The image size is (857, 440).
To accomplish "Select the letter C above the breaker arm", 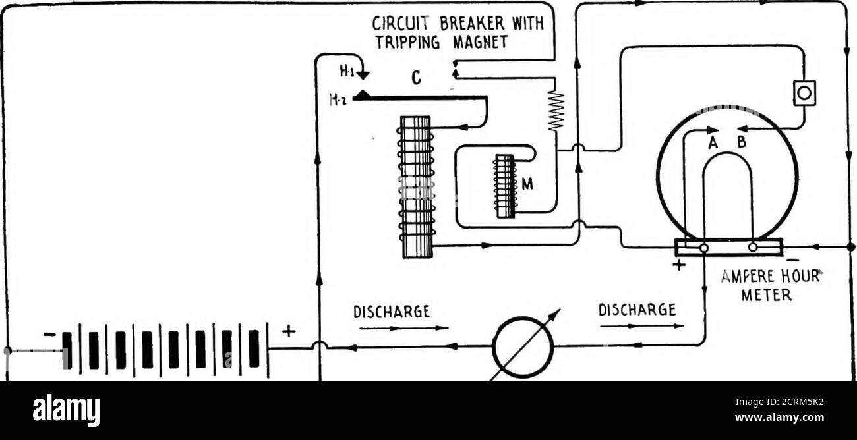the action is [x=416, y=78].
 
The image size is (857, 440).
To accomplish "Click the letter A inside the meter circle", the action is [x=713, y=142].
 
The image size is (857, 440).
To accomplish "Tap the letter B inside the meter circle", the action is [x=741, y=142].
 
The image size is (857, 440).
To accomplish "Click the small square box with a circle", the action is [x=804, y=93].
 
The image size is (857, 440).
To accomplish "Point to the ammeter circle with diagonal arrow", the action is [x=523, y=346].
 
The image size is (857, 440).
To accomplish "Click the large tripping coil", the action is [x=416, y=187].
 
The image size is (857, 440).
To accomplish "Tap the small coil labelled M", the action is [x=505, y=186].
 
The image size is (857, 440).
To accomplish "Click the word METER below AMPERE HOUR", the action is [x=766, y=294].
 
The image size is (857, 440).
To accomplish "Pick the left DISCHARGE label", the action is [x=392, y=312].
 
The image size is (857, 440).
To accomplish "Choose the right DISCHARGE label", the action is [x=637, y=310].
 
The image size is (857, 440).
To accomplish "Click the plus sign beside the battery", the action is [x=289, y=331].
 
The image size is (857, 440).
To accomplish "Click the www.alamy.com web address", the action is [x=779, y=417].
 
